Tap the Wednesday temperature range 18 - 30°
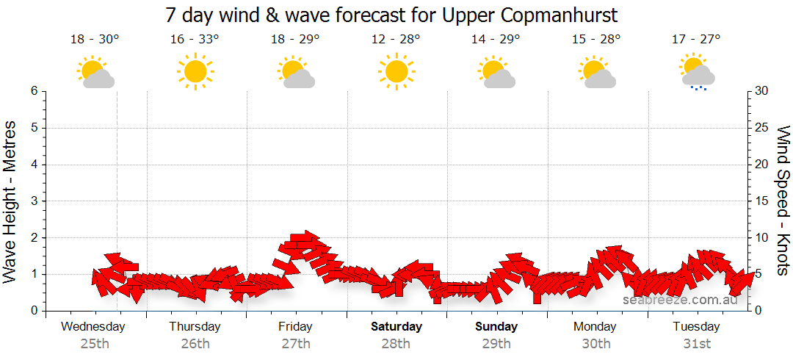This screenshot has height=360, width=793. pos(95,40)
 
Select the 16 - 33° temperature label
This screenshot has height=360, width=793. pos(195,40)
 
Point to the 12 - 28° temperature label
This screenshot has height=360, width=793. pos(396,40)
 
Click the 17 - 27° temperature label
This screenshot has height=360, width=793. pos(696,40)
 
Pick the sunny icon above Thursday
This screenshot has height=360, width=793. pos(195,71)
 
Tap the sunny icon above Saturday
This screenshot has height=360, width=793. pos(396,71)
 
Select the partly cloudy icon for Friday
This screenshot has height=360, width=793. pos(296,73)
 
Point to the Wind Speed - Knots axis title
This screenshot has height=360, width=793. pos(783,201)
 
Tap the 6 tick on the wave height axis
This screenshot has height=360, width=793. pos(34,91)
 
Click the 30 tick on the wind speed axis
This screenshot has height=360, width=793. pos(763,91)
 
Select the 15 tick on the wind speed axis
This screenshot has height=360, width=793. pos(763,201)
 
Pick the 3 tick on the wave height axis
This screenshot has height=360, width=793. pos(34,201)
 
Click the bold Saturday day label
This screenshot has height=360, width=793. pos(396,326)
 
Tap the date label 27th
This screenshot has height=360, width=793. pos(296,343)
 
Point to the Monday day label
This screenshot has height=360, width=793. pos(595,326)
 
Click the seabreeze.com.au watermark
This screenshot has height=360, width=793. pos(680,300)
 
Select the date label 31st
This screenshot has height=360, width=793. pos(696,343)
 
